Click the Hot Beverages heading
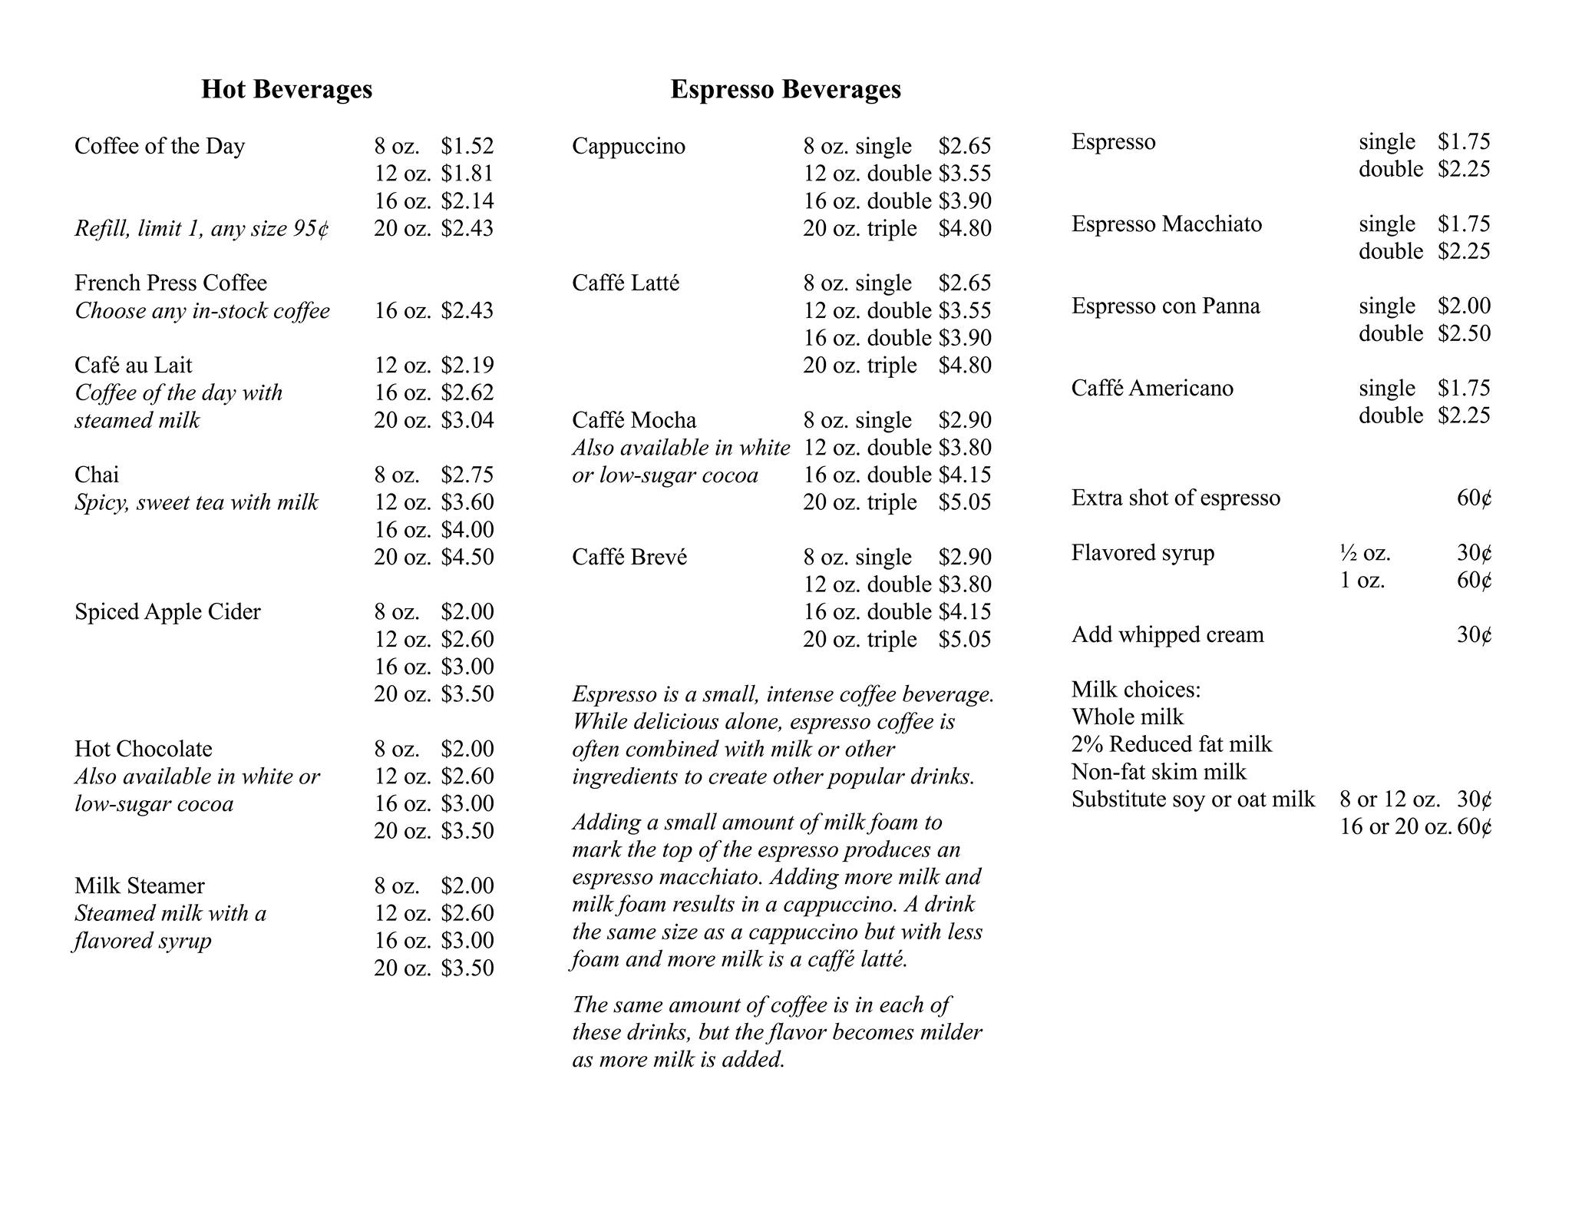click(286, 89)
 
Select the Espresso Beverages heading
click(785, 89)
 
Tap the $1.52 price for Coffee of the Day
click(467, 146)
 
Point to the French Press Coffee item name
click(170, 283)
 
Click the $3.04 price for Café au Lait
click(467, 420)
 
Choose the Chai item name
click(97, 475)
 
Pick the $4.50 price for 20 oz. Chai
click(467, 557)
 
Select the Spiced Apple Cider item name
click(167, 611)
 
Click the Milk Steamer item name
click(140, 886)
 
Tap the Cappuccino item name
click(629, 146)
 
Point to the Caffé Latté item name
click(626, 283)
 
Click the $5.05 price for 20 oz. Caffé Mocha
click(964, 502)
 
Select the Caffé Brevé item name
click(629, 557)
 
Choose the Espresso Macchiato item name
click(1167, 223)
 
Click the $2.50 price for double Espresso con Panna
click(1464, 333)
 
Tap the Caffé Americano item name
click(1152, 388)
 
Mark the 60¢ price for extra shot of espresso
click(1474, 498)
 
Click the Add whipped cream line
click(1167, 634)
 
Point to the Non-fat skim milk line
click(1159, 771)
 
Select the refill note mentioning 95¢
click(202, 228)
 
